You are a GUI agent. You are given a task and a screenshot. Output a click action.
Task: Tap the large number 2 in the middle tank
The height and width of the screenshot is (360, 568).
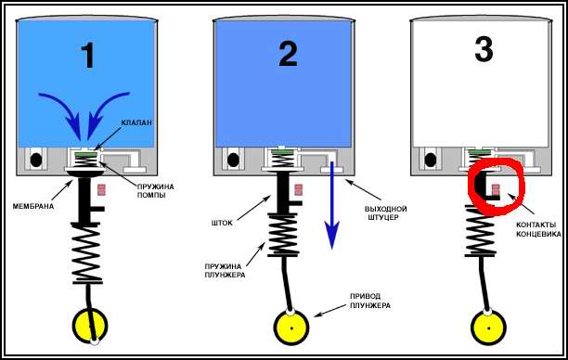[x=288, y=55]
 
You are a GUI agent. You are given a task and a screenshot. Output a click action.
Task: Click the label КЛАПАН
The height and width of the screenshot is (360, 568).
[x=136, y=122]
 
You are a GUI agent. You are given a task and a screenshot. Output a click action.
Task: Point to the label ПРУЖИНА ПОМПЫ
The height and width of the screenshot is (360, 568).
[x=155, y=191]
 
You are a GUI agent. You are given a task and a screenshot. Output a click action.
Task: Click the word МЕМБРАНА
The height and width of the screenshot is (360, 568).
[x=33, y=206]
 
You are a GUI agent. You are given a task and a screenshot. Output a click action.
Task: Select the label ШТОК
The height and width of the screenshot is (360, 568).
[x=222, y=223]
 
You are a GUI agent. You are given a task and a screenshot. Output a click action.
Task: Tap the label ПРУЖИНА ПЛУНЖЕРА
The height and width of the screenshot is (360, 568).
[x=225, y=271]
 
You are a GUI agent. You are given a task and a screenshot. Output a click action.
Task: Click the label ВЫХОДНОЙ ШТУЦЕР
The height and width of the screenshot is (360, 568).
[x=386, y=213]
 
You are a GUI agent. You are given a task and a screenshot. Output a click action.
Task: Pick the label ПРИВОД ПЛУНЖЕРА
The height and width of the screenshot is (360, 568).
[x=370, y=301]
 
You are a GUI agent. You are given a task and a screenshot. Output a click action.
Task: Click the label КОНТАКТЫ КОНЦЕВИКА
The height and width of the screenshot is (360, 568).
[x=538, y=229]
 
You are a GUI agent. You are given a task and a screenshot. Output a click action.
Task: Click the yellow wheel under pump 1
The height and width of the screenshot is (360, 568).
[x=90, y=326]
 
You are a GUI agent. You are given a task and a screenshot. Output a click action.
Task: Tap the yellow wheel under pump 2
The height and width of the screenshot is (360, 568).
[x=291, y=328]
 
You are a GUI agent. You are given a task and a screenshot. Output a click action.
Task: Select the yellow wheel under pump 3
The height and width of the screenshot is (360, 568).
[x=488, y=328]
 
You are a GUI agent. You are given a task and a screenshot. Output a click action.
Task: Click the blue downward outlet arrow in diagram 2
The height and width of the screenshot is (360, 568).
[x=332, y=205]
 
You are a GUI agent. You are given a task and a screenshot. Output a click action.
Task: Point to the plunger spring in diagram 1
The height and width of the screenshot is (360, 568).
[x=87, y=253]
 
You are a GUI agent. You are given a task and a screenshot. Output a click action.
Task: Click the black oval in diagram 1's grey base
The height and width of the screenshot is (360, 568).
[x=36, y=160]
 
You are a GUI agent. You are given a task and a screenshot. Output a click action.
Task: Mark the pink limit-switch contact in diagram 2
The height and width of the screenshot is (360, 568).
[x=299, y=189]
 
